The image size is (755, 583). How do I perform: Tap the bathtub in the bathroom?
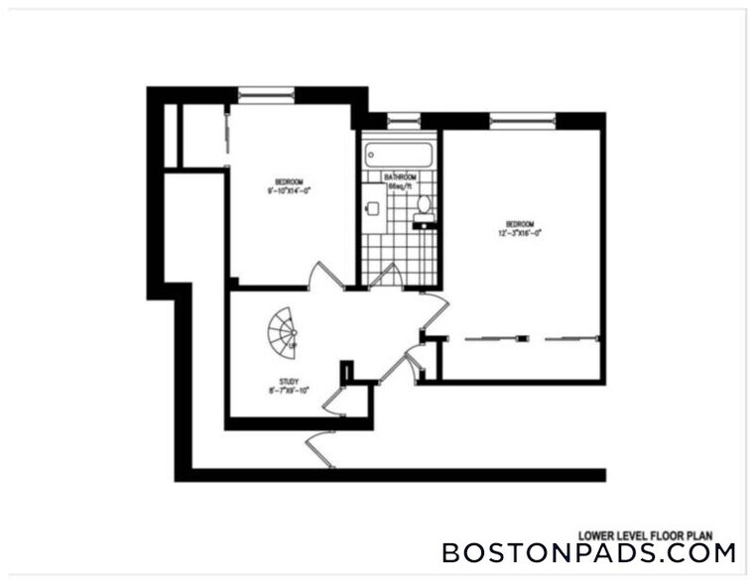[398, 156]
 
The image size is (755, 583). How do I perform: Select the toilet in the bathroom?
[425, 205]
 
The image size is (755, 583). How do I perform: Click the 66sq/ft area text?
[399, 185]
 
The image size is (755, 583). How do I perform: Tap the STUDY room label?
[289, 381]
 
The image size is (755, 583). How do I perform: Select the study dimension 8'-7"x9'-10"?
[289, 390]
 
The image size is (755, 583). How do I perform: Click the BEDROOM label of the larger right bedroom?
[522, 223]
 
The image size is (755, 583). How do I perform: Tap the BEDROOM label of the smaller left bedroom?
[289, 181]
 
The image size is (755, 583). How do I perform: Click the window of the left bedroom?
[266, 94]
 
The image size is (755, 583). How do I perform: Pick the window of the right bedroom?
[523, 120]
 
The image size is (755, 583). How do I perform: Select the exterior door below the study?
[322, 449]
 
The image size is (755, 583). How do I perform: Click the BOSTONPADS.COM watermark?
[588, 552]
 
